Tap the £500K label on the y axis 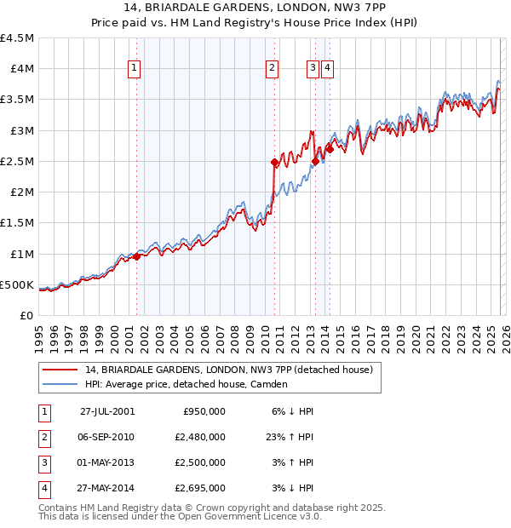click(17, 284)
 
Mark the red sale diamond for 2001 click(137, 256)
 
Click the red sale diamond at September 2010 click(274, 162)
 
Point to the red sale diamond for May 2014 click(330, 149)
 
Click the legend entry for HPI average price click(186, 384)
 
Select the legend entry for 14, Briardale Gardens click(228, 370)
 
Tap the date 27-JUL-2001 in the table click(107, 411)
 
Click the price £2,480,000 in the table click(204, 437)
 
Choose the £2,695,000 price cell click(204, 488)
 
